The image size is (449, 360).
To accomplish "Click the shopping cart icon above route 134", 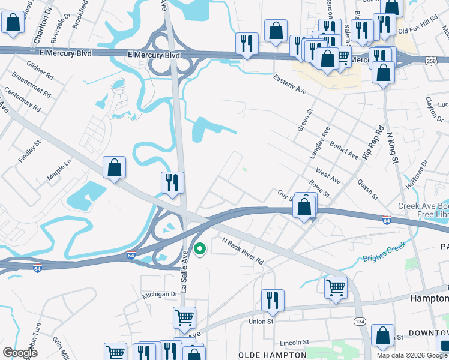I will [x=336, y=287].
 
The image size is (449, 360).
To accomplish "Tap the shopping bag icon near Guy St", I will [x=305, y=208].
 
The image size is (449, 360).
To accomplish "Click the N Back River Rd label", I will [x=243, y=251].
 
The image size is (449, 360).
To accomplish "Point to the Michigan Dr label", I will [x=160, y=295].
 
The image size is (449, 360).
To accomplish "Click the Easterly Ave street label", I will [x=289, y=83].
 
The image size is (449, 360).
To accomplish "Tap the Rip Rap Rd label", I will [x=372, y=142].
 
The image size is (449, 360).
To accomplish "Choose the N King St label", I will [x=393, y=148].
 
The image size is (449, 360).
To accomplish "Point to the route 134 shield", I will [x=359, y=322].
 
